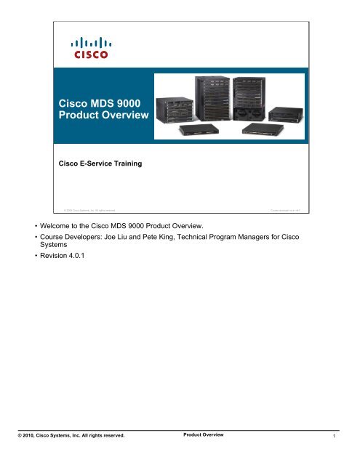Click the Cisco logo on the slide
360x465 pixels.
click(90, 49)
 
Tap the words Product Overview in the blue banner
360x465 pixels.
click(101, 118)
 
